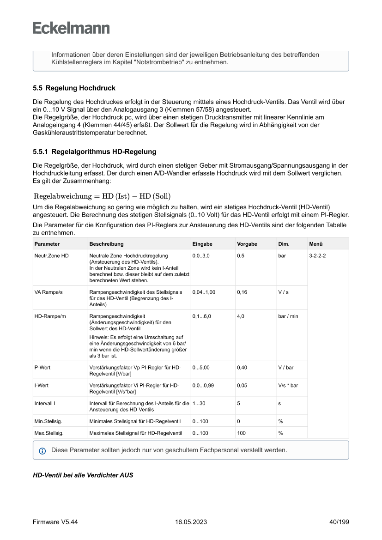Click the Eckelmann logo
71,28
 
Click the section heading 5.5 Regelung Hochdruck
74,88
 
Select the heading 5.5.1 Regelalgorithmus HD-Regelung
94,152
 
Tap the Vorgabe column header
247,244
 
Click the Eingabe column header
202,244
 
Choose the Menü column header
316,244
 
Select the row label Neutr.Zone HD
51,255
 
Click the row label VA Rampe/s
48,292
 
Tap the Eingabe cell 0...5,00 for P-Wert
201,368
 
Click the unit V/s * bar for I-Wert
288,385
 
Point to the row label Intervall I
45,403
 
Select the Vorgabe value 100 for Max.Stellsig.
242,433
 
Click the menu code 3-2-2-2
317,255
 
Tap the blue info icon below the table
42,450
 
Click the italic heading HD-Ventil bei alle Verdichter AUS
83,475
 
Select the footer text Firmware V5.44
55,522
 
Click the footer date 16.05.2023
191,522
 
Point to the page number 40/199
336,522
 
